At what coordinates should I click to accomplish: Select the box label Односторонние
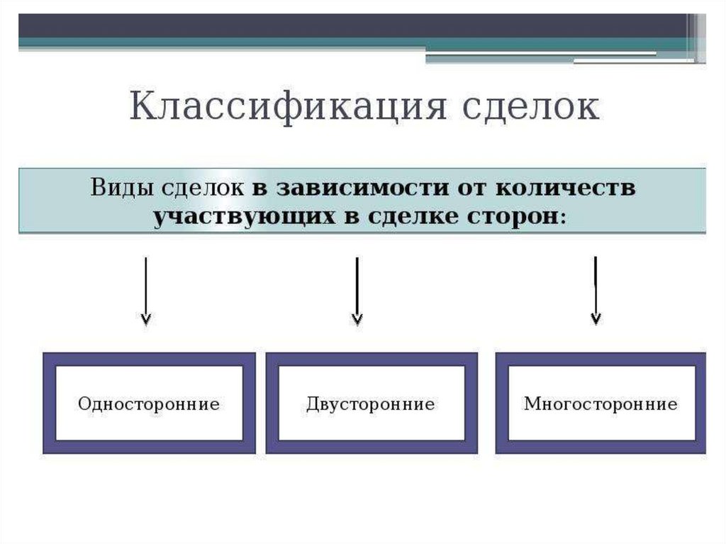149,404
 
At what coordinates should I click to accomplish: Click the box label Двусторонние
371,404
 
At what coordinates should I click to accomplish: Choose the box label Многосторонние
601,404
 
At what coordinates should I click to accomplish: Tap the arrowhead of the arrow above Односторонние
145,318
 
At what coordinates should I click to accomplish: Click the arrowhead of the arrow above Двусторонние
357,318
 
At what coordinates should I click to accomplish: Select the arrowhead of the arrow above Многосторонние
596,318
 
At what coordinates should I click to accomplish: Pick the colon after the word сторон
563,218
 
